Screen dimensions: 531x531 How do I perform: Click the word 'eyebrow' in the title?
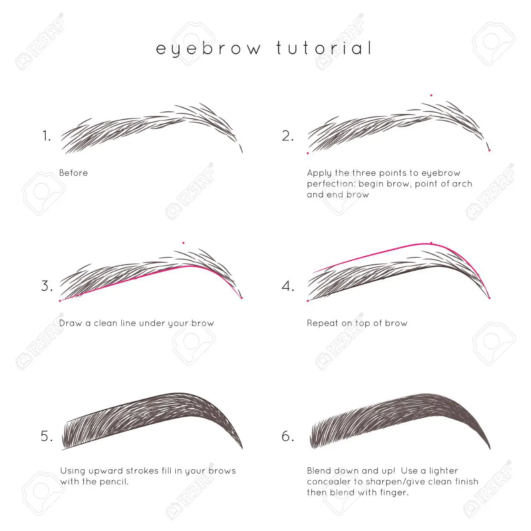click(208, 49)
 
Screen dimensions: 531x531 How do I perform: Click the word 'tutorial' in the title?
click(324, 48)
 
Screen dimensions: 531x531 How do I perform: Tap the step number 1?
click(46, 136)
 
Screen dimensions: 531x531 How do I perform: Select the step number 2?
click(288, 136)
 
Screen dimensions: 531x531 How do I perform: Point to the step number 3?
click(47, 286)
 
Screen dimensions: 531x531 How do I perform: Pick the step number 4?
click(288, 286)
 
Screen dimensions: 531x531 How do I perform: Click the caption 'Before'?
click(74, 173)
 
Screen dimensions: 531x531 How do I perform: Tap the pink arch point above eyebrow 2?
click(431, 95)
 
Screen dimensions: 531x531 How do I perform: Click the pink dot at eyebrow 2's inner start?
click(308, 153)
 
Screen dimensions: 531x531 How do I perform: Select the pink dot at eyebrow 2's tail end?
click(489, 150)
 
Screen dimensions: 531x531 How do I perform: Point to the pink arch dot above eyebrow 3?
click(183, 243)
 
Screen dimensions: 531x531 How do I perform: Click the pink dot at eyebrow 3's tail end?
click(242, 298)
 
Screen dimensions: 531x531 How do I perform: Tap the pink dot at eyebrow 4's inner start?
click(308, 301)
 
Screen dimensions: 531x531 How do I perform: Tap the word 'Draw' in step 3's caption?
click(71, 323)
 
